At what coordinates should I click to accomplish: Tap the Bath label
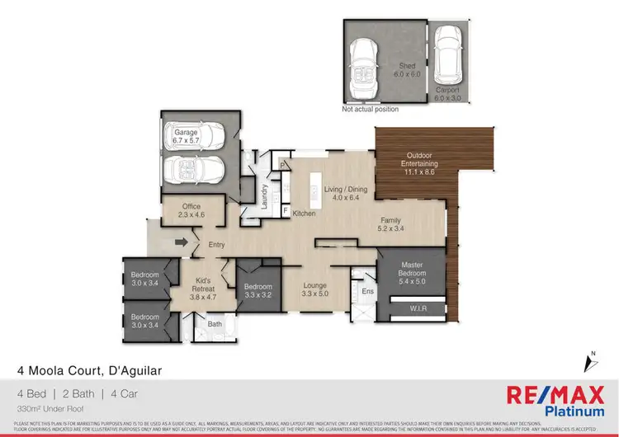(215, 324)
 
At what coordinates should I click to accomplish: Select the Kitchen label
(305, 214)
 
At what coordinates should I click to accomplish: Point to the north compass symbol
(590, 362)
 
